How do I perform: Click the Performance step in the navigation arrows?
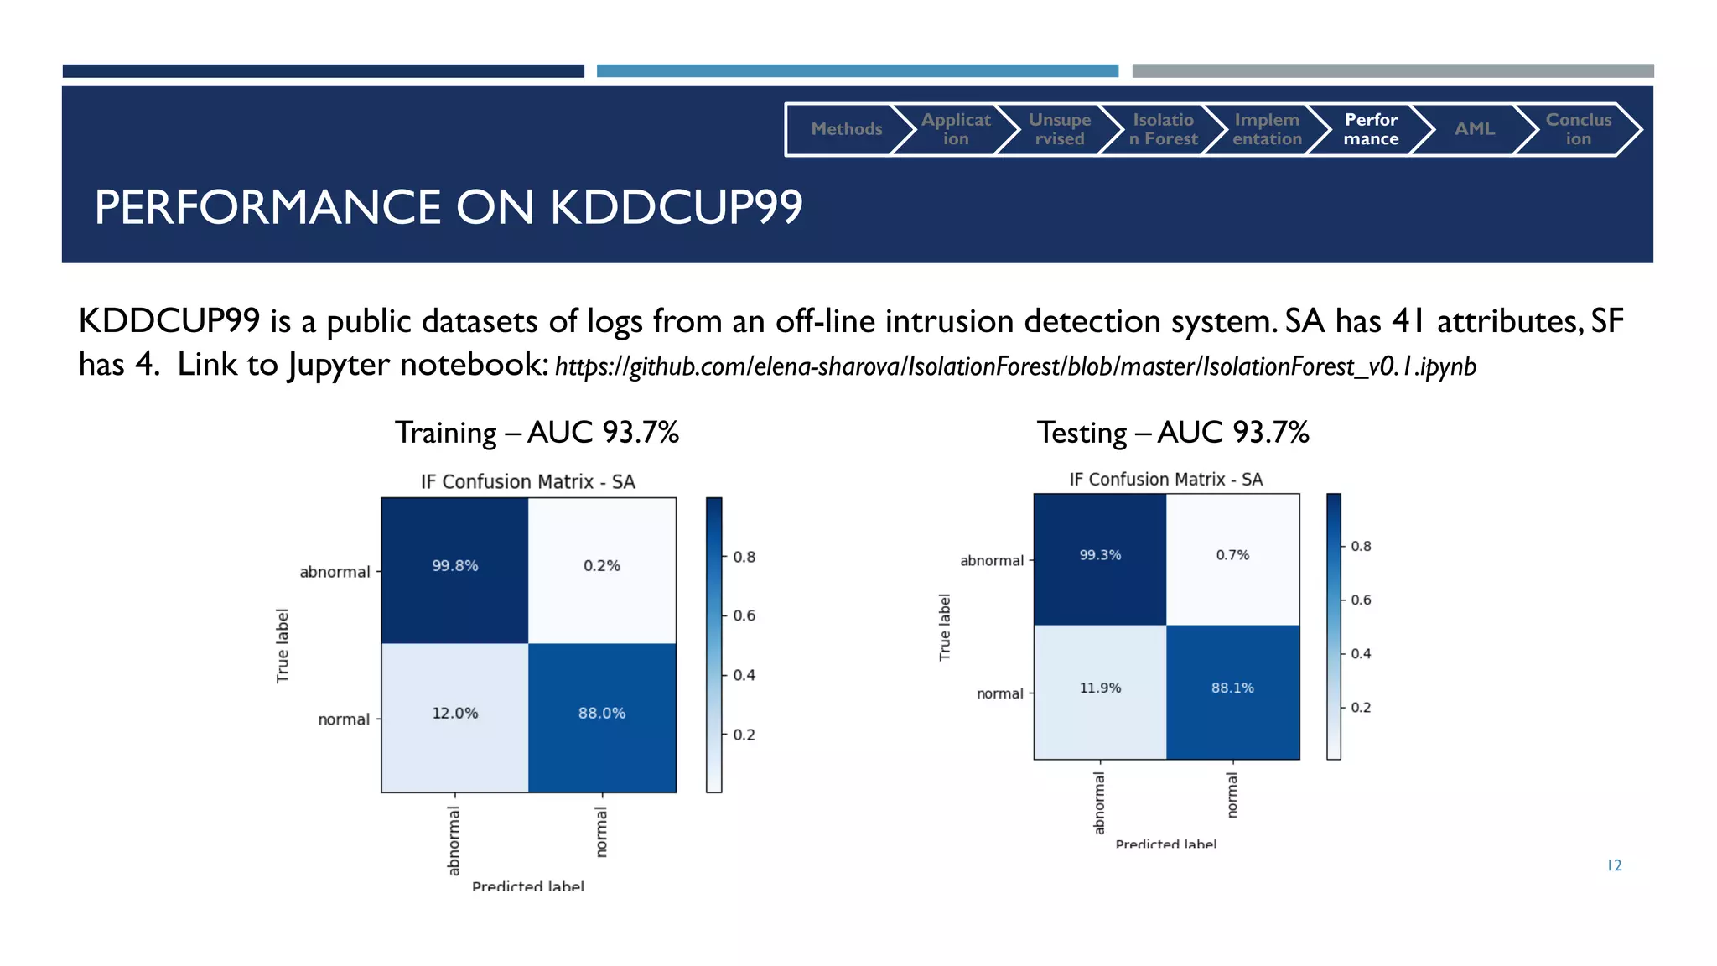point(1371,129)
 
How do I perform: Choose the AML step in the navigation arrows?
point(1474,129)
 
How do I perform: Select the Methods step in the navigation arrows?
point(846,129)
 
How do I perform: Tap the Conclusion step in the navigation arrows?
point(1578,129)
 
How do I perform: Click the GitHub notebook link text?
point(1014,366)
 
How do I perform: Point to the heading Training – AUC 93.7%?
point(537,433)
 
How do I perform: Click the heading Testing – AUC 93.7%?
point(1172,433)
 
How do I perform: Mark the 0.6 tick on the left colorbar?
point(744,615)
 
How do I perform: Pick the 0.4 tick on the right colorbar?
point(1360,654)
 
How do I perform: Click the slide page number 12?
point(1614,865)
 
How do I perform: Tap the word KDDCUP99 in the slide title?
point(676,207)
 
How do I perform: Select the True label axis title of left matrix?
point(283,646)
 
